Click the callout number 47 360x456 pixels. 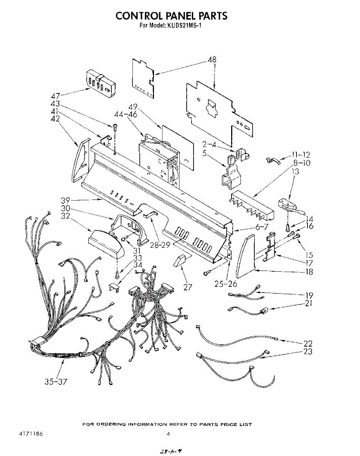(x=55, y=96)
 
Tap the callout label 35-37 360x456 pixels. (x=55, y=382)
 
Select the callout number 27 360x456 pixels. (x=187, y=287)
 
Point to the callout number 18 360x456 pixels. (x=309, y=272)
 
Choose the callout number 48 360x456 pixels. (x=212, y=60)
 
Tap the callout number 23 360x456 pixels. (x=308, y=351)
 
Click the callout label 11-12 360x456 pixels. (x=301, y=155)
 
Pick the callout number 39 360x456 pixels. (x=66, y=200)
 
